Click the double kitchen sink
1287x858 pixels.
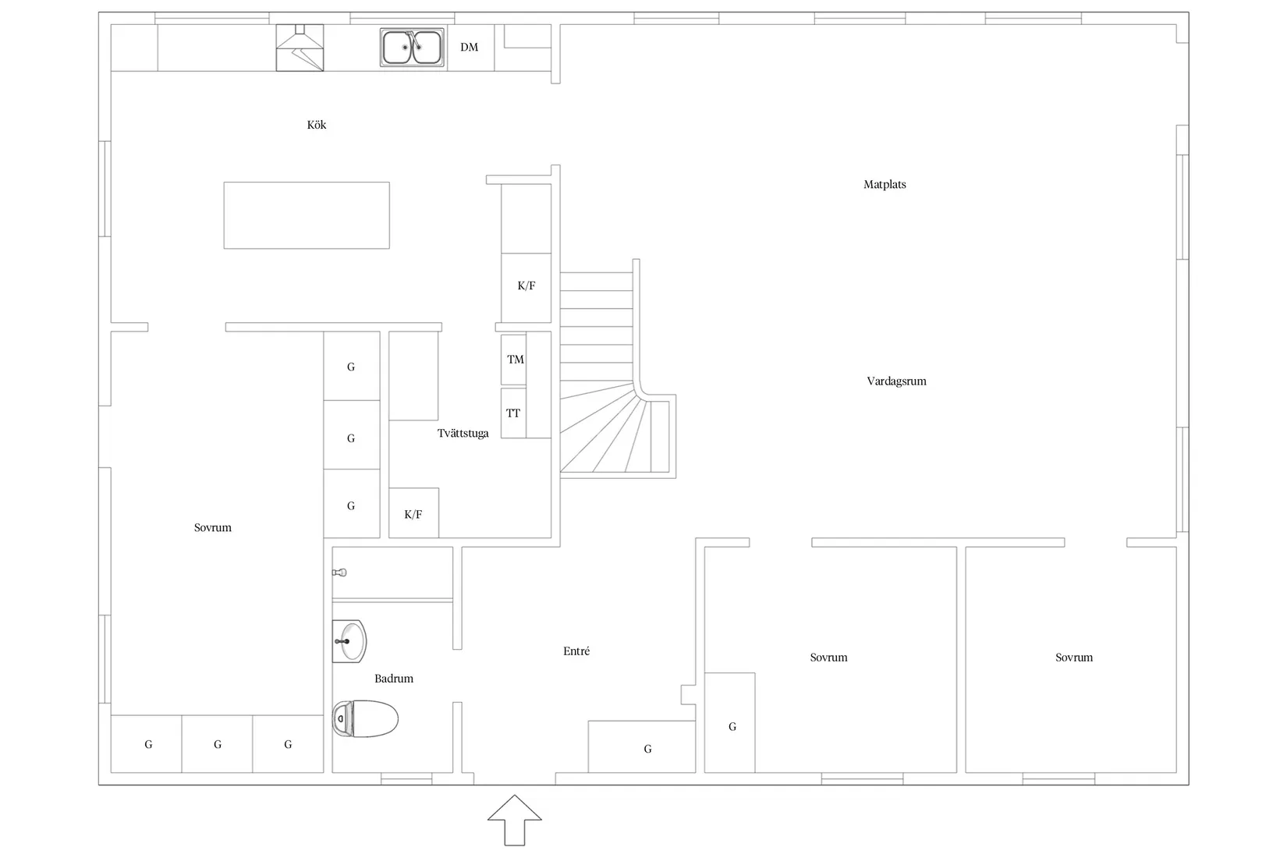click(412, 47)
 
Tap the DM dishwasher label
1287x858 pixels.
click(469, 47)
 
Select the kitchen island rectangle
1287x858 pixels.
click(307, 215)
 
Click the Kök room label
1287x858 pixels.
click(316, 125)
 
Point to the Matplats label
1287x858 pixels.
click(885, 185)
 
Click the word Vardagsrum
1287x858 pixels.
click(896, 381)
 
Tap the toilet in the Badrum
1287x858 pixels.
click(365, 718)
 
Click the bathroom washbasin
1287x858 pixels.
click(349, 641)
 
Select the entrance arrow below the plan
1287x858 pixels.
click(514, 820)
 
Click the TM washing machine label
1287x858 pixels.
click(516, 360)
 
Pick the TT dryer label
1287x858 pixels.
click(513, 413)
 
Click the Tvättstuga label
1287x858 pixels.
click(463, 434)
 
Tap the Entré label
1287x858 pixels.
click(576, 651)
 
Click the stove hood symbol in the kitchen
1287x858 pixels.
click(300, 48)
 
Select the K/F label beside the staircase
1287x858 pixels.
click(526, 285)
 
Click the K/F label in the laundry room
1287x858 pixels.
click(413, 514)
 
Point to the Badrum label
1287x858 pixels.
click(394, 679)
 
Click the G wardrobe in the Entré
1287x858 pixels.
click(642, 746)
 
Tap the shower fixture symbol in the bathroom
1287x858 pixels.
click(339, 573)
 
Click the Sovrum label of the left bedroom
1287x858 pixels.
click(213, 527)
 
